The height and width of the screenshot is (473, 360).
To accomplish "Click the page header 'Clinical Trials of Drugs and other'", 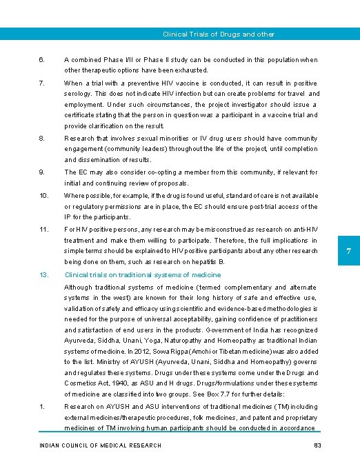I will tap(218, 34).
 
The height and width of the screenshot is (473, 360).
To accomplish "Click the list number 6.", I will tap(42, 60).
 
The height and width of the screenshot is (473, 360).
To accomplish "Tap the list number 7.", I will tap(42, 83).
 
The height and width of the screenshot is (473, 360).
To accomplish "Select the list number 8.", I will tap(42, 138).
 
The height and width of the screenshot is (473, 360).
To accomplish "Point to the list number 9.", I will tap(42, 172).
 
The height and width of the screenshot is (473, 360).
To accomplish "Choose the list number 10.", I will tap(43, 195).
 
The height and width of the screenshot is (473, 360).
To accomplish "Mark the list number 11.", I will tap(43, 229).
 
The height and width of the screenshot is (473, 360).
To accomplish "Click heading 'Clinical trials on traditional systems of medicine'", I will tap(143, 274).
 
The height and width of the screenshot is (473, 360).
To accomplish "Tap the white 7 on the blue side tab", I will tap(349, 252).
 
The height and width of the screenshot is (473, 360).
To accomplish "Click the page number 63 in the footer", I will tap(318, 445).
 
